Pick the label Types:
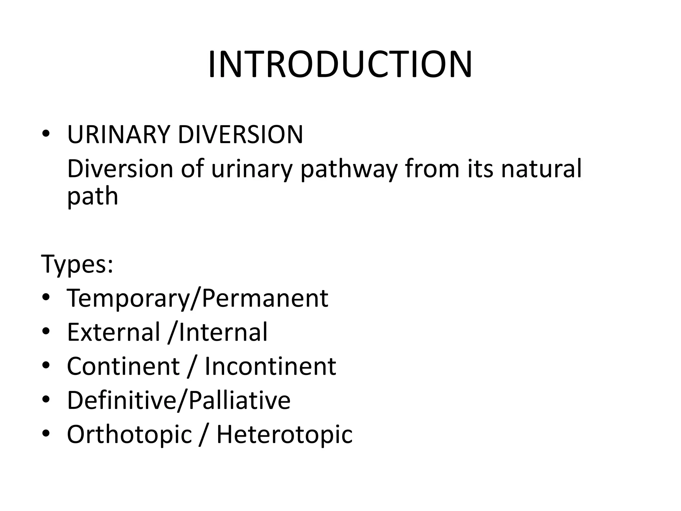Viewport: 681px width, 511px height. click(77, 264)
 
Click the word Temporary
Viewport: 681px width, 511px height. click(128, 298)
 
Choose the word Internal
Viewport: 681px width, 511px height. click(223, 332)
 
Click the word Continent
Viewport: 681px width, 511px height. click(123, 366)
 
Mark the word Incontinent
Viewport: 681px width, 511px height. click(270, 366)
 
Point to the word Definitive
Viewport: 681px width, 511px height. click(122, 400)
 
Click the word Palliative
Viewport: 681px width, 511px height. click(239, 400)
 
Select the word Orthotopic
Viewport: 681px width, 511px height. click(129, 435)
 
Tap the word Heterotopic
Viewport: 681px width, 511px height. click(284, 434)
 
